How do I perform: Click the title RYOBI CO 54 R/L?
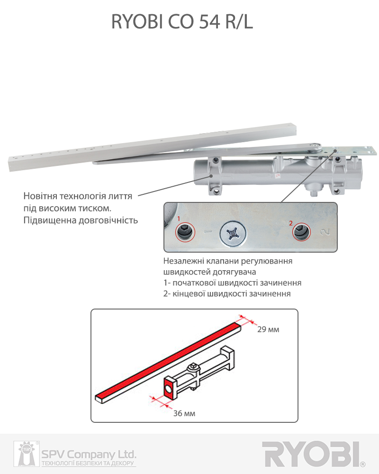(182, 22)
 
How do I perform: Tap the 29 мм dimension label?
(268, 329)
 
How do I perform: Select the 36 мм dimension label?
(184, 413)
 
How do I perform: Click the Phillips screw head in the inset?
(233, 233)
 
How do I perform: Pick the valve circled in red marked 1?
(185, 232)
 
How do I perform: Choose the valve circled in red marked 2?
(301, 232)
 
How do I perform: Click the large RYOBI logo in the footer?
(312, 454)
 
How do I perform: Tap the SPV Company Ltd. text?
(89, 454)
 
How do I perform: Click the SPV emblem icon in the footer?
(26, 454)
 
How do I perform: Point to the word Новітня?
(40, 196)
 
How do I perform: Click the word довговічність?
(108, 220)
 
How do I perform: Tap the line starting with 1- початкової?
(232, 283)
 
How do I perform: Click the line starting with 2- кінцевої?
(227, 293)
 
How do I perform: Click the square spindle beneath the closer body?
(314, 192)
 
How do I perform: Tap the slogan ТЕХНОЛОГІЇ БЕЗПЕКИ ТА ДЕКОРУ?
(88, 463)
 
